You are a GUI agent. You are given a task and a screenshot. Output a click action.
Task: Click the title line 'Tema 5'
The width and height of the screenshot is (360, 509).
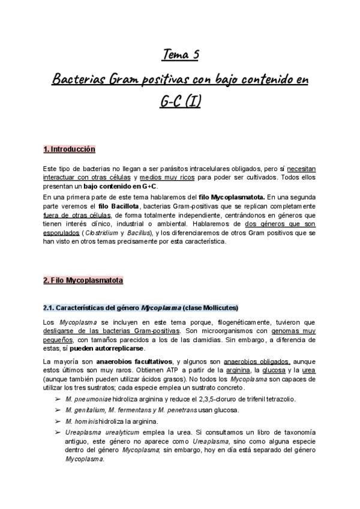tap(180, 56)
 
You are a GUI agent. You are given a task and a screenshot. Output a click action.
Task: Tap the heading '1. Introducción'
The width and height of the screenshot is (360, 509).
tap(69, 149)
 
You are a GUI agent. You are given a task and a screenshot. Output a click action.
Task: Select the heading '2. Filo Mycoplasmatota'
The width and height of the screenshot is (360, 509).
tap(83, 280)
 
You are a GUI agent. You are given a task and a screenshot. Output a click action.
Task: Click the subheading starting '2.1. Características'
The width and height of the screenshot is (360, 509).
tap(140, 307)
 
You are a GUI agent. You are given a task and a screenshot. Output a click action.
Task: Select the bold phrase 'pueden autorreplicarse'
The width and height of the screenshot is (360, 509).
tap(111, 348)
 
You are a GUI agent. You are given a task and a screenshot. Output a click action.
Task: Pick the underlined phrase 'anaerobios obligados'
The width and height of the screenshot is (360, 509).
tap(256, 361)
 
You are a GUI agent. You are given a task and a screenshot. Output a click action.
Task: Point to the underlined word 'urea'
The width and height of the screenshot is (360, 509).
tap(308, 371)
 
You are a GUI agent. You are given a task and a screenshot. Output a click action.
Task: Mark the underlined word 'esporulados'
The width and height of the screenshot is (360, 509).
tap(64, 233)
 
